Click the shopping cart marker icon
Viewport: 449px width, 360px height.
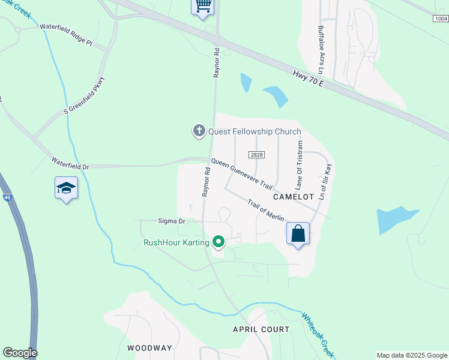click(x=203, y=6)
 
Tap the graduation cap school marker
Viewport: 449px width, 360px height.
click(x=66, y=188)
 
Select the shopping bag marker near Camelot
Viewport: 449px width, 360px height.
click(x=298, y=233)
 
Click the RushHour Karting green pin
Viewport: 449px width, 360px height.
click(x=218, y=242)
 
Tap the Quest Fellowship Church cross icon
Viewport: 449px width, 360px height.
click(x=199, y=131)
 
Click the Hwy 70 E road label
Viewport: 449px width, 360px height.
click(x=309, y=79)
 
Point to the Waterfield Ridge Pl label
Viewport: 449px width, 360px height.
click(x=66, y=35)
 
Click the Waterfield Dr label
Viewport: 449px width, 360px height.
click(x=70, y=162)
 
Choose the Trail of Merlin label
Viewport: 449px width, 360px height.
click(x=268, y=212)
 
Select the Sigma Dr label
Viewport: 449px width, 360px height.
click(x=172, y=221)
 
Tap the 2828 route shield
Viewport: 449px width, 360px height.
click(x=256, y=155)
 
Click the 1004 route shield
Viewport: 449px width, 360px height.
click(x=440, y=19)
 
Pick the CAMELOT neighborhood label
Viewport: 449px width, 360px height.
click(x=294, y=197)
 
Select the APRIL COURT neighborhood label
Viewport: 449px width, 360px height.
click(x=261, y=329)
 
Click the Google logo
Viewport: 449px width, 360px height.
click(x=20, y=353)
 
